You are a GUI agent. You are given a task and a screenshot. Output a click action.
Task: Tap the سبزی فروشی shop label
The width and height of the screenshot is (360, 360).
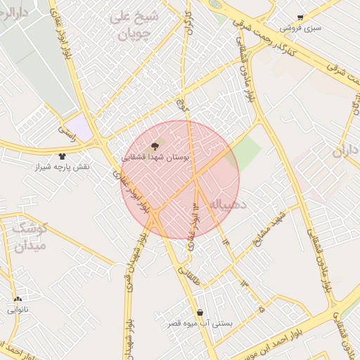tap(300, 28)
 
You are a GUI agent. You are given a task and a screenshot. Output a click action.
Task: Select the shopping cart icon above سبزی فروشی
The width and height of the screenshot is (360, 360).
tap(300, 17)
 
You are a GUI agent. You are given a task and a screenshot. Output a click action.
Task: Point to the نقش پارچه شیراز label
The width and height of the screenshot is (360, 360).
tap(61, 167)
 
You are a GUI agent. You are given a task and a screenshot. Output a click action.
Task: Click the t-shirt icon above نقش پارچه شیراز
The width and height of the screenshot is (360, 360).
tap(61, 157)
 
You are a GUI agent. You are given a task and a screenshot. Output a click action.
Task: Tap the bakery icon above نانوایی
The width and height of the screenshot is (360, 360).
tap(18, 299)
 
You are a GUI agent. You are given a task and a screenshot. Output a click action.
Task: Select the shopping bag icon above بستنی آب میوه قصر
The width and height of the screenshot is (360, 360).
tap(200, 313)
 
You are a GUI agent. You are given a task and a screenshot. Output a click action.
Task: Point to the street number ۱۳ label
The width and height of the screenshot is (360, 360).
tap(244, 283)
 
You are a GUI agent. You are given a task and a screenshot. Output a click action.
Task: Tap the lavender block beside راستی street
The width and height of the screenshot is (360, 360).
tap(82, 128)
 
